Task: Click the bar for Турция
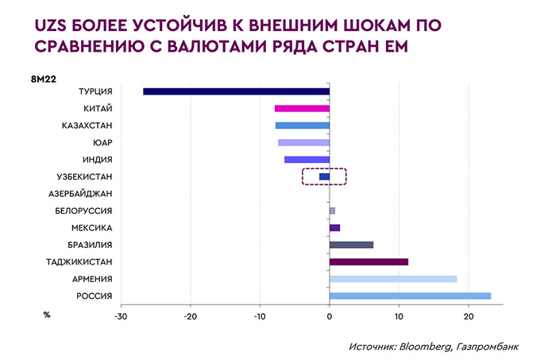coord(236,91)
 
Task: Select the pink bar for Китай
coord(302,109)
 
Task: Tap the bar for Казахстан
coord(303,126)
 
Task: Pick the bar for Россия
coord(410,296)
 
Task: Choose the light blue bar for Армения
coord(393,279)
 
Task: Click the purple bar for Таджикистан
coord(368,261)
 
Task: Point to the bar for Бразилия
coord(351,245)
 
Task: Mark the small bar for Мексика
coord(334,228)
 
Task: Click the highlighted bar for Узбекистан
coord(324,176)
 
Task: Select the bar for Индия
coord(307,160)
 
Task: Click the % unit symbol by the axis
coord(47,315)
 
